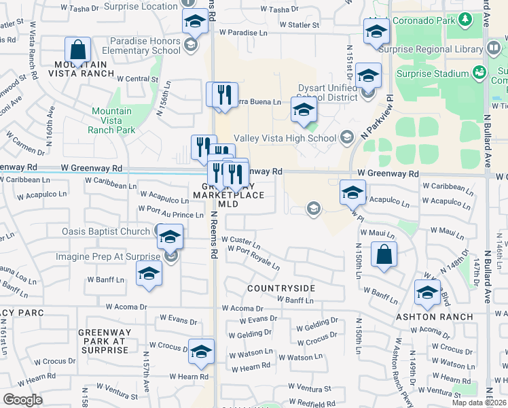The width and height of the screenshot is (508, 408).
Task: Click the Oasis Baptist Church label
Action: click(105, 231)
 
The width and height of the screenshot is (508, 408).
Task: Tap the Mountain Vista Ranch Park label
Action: click(112, 120)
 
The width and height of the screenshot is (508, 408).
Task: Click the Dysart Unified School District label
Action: click(327, 93)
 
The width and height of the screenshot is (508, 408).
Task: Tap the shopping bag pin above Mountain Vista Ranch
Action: click(78, 50)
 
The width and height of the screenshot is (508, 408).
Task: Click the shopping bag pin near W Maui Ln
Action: click(384, 255)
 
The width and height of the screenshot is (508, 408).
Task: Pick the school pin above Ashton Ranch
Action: click(427, 292)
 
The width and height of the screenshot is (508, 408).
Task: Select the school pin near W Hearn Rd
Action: click(201, 351)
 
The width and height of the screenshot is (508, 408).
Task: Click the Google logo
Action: click(22, 400)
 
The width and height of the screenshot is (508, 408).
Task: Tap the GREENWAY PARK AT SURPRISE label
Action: click(103, 341)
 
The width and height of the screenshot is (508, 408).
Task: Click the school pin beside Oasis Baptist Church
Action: click(170, 237)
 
